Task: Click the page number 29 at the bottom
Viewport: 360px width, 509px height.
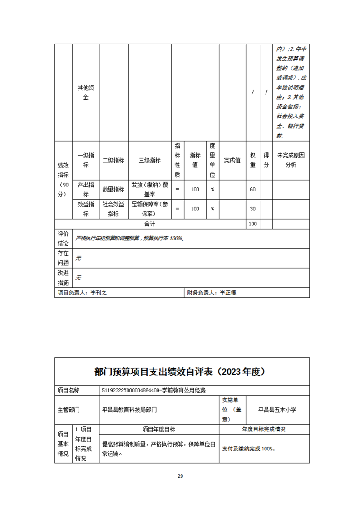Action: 180,476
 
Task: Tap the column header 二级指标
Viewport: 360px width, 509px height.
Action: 113,161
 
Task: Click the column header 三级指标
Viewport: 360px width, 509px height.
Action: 150,161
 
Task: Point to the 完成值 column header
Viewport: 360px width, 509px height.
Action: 232,161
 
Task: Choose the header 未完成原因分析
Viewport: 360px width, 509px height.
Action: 291,161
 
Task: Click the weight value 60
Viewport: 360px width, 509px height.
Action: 252,189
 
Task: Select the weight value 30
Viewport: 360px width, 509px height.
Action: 252,209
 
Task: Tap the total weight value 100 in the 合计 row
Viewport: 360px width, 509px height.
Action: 252,224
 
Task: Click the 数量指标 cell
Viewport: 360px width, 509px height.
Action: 113,189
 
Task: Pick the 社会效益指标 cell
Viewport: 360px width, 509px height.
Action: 113,209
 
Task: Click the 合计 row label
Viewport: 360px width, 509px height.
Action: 150,224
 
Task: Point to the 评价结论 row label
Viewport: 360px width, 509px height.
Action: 63,238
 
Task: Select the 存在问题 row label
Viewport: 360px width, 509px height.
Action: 63,258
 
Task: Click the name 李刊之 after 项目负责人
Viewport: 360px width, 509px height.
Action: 99,293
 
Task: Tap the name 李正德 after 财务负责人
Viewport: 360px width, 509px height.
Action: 228,293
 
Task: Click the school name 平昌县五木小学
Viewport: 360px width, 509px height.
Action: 277,409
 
